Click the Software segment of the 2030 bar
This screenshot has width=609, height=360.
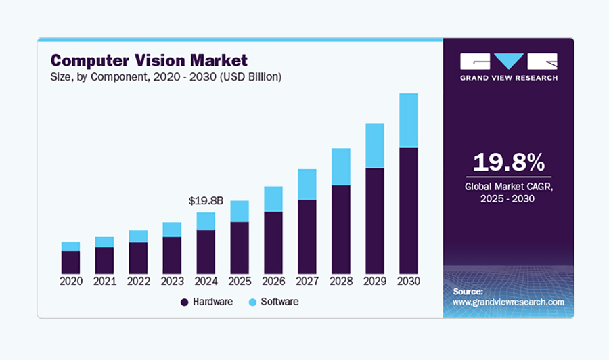408,120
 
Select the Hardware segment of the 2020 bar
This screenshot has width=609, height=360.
70,261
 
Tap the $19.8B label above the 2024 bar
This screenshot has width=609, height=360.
206,201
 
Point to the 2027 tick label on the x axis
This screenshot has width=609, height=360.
307,281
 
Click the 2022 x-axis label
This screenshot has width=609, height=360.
138,281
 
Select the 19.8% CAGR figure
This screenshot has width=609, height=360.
508,162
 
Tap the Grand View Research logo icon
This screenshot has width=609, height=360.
508,62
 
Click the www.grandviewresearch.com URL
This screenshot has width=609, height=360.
508,302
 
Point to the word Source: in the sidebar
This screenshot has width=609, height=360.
468,291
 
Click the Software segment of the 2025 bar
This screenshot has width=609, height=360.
240,211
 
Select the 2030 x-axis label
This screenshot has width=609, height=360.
408,281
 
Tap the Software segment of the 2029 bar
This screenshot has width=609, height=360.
375,145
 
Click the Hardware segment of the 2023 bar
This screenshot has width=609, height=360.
172,254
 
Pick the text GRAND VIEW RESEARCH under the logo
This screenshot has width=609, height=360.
508,78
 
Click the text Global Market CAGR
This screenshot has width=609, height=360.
508,186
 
